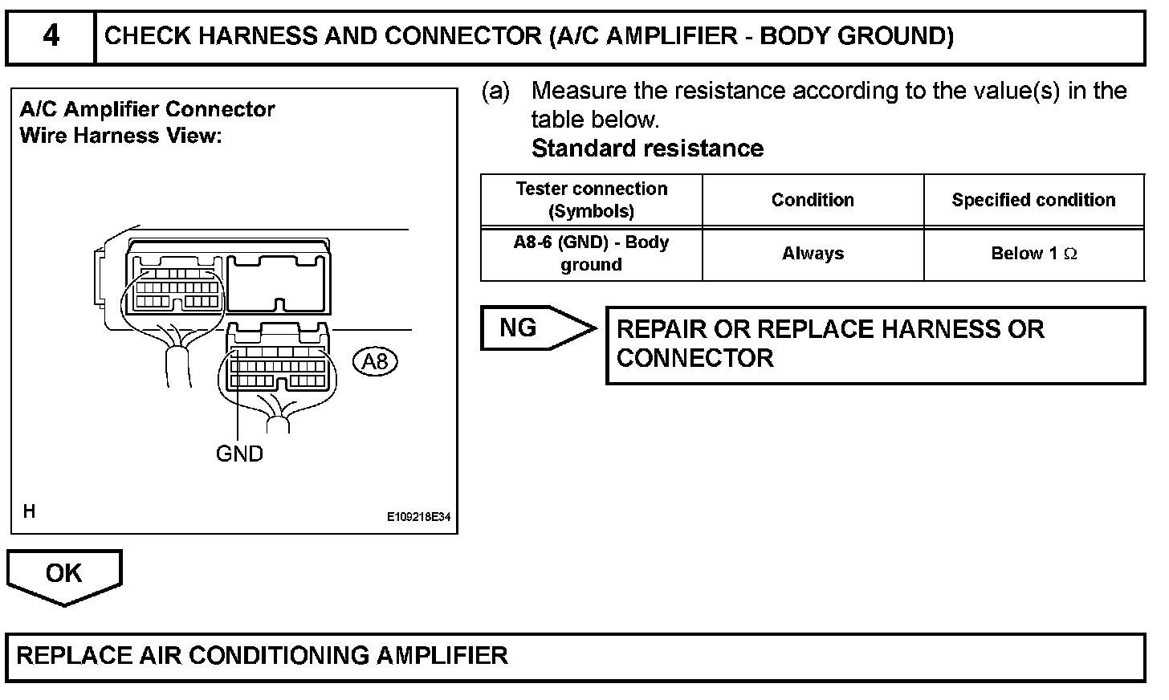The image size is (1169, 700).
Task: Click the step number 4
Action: (x=51, y=36)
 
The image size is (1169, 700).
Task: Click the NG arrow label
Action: (x=518, y=328)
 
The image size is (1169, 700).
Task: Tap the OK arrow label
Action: (x=63, y=572)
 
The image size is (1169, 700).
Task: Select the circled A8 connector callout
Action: (x=375, y=361)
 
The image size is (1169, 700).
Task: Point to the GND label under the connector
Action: (x=239, y=454)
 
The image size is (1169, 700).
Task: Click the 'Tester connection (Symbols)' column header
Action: (x=591, y=200)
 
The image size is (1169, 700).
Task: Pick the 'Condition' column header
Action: (x=813, y=200)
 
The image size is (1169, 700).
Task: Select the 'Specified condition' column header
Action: (x=1033, y=200)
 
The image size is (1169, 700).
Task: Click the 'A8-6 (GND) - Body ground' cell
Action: (x=591, y=254)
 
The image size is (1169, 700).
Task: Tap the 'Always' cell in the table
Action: (x=813, y=254)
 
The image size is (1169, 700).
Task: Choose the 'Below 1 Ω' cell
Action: (x=1034, y=254)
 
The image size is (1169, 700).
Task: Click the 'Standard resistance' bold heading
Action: (x=647, y=149)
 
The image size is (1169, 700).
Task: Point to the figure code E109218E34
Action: (x=418, y=516)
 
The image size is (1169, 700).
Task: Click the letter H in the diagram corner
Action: (x=29, y=511)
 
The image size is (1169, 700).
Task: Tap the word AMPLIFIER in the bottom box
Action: (x=442, y=656)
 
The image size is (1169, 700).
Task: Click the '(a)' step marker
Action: (x=495, y=92)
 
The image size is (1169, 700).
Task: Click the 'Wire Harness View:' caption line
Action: (x=120, y=136)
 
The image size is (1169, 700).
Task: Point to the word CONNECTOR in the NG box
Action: (x=695, y=358)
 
